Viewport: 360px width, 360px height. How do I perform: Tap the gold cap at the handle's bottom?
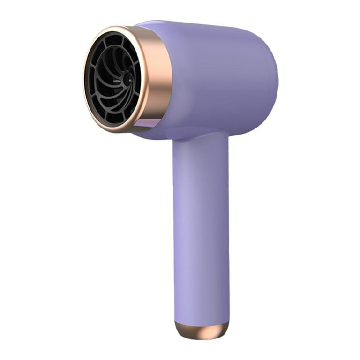click(202, 330)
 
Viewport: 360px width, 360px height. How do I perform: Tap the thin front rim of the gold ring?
click(86, 94)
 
